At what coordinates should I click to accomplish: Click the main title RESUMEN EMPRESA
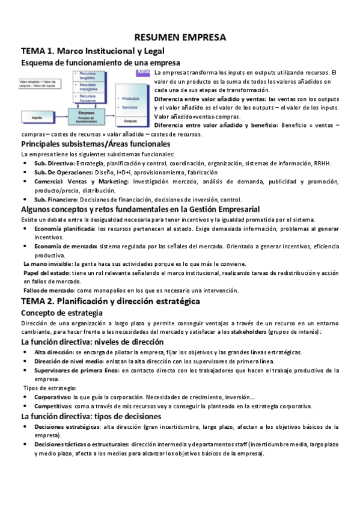[180, 37]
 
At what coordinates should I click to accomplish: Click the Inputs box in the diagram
[36, 117]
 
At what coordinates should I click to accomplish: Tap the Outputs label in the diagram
[130, 120]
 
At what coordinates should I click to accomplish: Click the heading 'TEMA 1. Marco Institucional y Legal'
[93, 51]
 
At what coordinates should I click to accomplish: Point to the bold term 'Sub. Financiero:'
[56, 200]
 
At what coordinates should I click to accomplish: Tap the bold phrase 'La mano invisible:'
[47, 263]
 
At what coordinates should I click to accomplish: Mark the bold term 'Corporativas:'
[51, 398]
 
